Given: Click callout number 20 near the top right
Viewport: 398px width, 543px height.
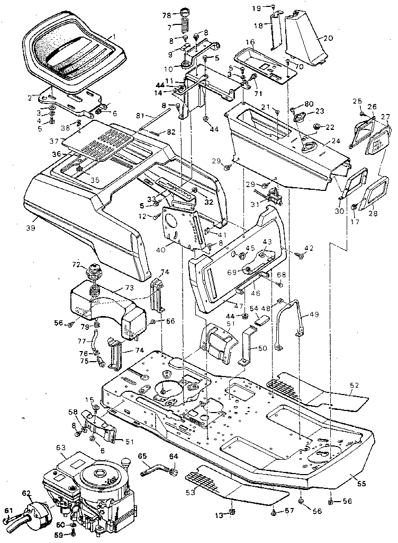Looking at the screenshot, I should [x=328, y=38].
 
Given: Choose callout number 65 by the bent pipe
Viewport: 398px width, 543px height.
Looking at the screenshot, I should [x=142, y=456].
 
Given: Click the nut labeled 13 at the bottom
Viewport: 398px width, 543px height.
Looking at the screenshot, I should [x=232, y=511].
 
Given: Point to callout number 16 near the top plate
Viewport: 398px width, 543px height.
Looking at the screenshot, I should [x=250, y=42].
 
